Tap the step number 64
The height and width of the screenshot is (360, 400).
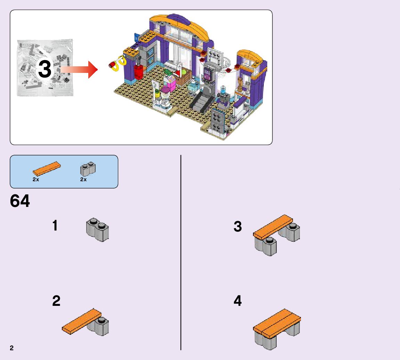[20, 201]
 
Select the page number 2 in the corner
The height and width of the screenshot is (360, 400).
[12, 348]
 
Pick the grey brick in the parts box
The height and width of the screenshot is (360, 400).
[88, 169]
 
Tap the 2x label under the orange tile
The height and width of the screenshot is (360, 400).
[36, 179]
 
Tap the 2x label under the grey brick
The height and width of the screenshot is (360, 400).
[83, 179]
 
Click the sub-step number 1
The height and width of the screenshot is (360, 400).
[55, 226]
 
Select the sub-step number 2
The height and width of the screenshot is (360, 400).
[56, 301]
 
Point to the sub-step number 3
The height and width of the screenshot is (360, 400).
[238, 227]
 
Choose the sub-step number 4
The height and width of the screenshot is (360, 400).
[238, 301]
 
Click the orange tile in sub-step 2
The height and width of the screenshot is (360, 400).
[82, 321]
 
